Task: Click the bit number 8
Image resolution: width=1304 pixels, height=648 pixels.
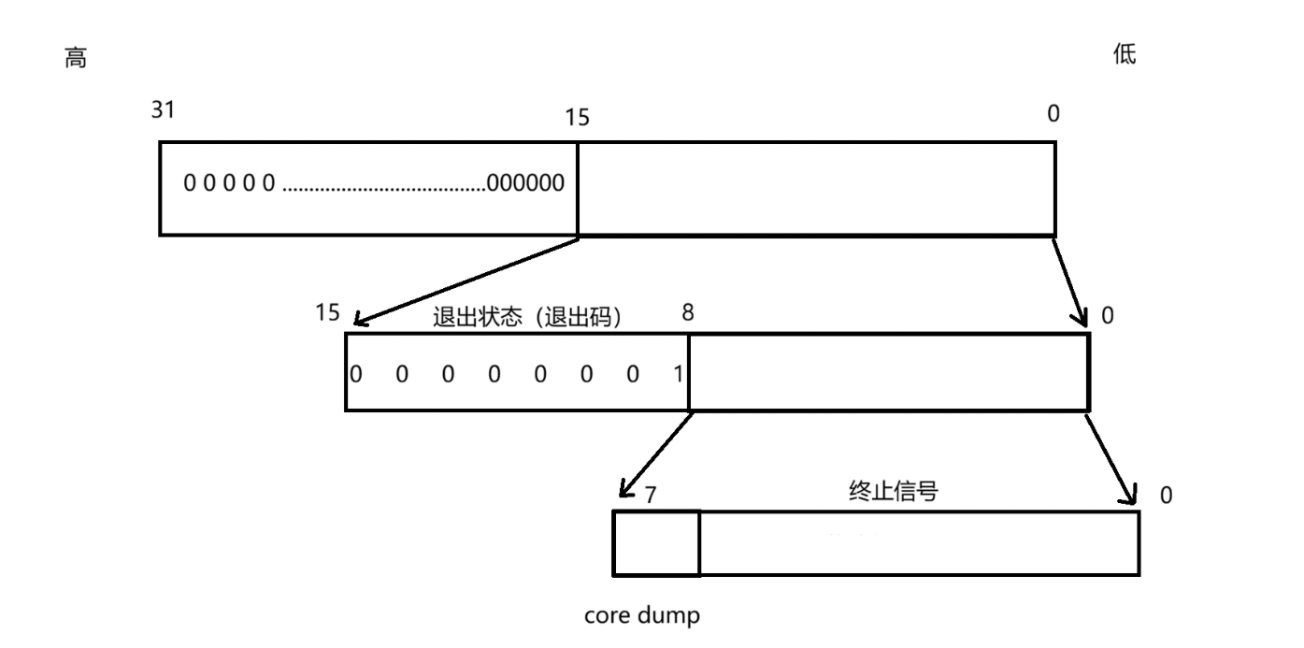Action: pyautogui.click(x=688, y=312)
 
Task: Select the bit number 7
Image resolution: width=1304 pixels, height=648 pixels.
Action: pyautogui.click(x=652, y=491)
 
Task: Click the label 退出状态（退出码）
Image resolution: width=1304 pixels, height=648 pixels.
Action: pyautogui.click(x=528, y=316)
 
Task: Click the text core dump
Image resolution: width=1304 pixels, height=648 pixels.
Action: pyautogui.click(x=641, y=616)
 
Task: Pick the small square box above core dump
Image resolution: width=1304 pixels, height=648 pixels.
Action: pyautogui.click(x=656, y=543)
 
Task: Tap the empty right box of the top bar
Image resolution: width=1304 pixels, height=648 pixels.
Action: pyautogui.click(x=816, y=188)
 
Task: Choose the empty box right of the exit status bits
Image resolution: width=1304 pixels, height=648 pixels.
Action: pyautogui.click(x=888, y=372)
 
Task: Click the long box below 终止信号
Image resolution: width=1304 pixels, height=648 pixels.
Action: pyautogui.click(x=919, y=543)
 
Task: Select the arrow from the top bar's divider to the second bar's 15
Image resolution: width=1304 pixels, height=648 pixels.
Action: pyautogui.click(x=466, y=280)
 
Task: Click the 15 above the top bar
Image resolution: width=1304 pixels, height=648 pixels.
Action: pyautogui.click(x=578, y=119)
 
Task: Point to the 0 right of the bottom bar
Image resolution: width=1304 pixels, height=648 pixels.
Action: pyautogui.click(x=1165, y=495)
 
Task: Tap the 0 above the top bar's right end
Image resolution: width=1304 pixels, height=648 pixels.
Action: pyautogui.click(x=1053, y=114)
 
